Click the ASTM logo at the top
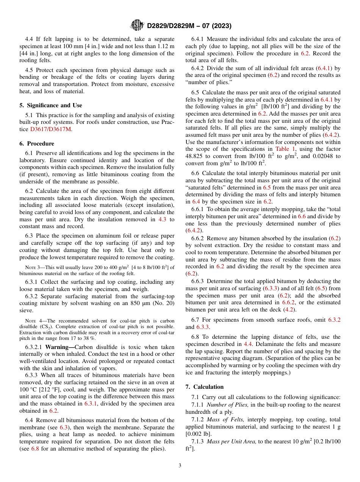137,25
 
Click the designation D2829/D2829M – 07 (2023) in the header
189,26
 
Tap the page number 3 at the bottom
180,465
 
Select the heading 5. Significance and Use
51,105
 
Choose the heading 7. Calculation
205,387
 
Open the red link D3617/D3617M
50,129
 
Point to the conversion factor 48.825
196,156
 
